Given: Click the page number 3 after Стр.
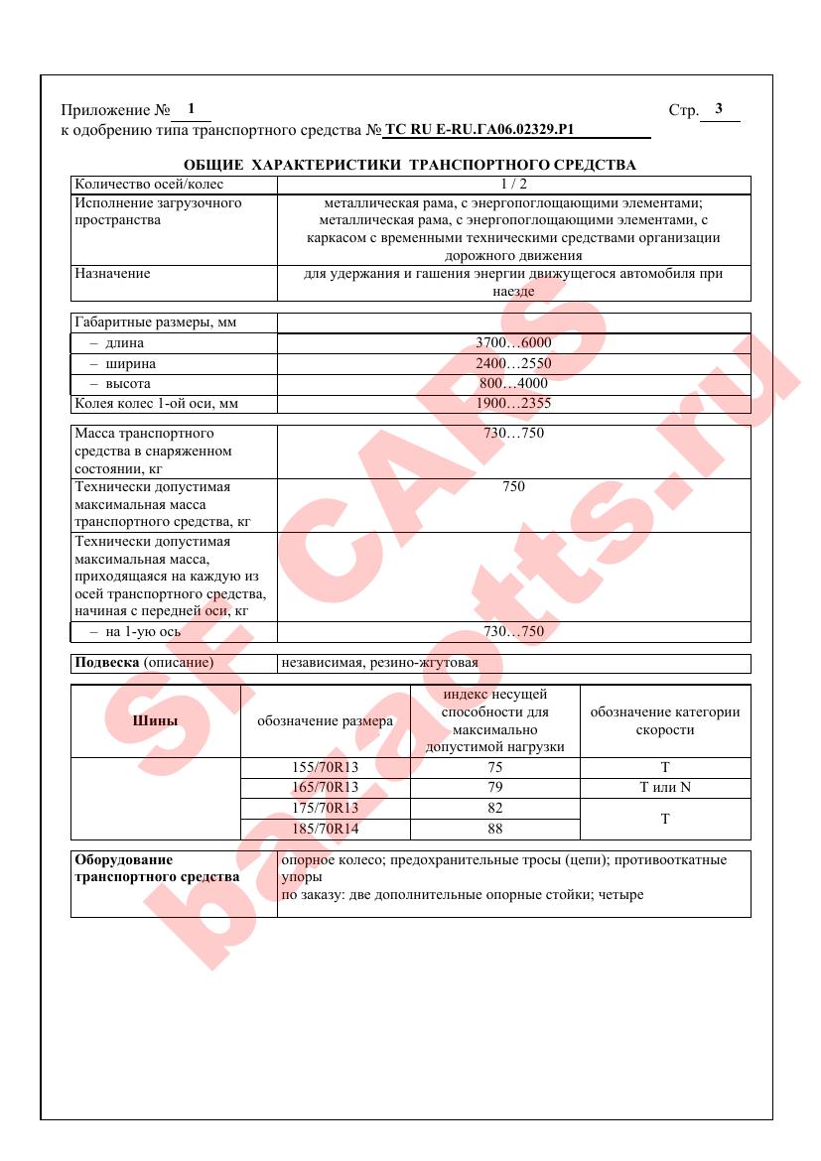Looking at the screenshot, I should click(719, 109).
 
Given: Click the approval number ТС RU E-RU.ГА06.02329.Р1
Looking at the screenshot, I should click(479, 130).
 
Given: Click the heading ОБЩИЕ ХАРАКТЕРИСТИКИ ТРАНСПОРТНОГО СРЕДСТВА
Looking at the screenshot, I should click(410, 165).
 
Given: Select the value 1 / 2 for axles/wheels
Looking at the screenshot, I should click(513, 184).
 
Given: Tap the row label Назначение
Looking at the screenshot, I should click(112, 273).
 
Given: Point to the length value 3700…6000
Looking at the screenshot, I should click(513, 343).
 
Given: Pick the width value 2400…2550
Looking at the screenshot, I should click(513, 364).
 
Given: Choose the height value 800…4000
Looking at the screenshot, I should click(513, 384).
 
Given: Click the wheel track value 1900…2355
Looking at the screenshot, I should click(513, 404).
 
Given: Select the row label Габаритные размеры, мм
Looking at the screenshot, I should click(156, 322).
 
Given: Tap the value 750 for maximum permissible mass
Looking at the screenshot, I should click(513, 486).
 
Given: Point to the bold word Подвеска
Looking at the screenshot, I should click(107, 662).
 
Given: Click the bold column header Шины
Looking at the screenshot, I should click(155, 721).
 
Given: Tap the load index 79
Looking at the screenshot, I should click(495, 788).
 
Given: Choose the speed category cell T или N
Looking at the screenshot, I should click(665, 788).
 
